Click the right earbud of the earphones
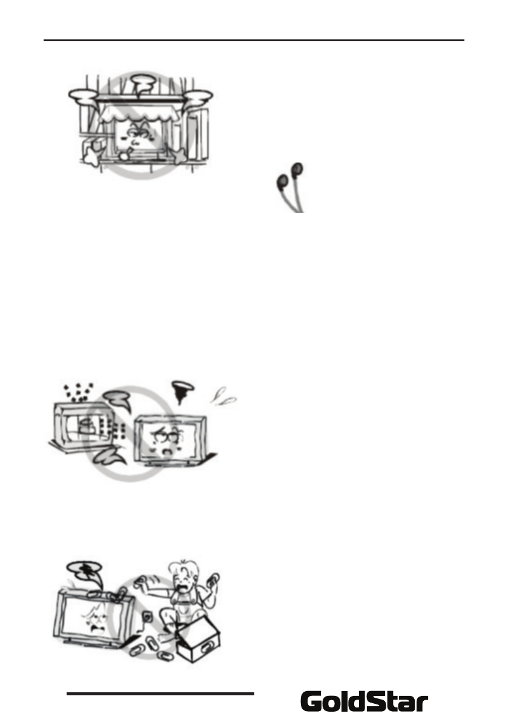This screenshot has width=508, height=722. [297, 169]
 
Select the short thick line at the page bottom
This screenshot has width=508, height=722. [160, 694]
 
